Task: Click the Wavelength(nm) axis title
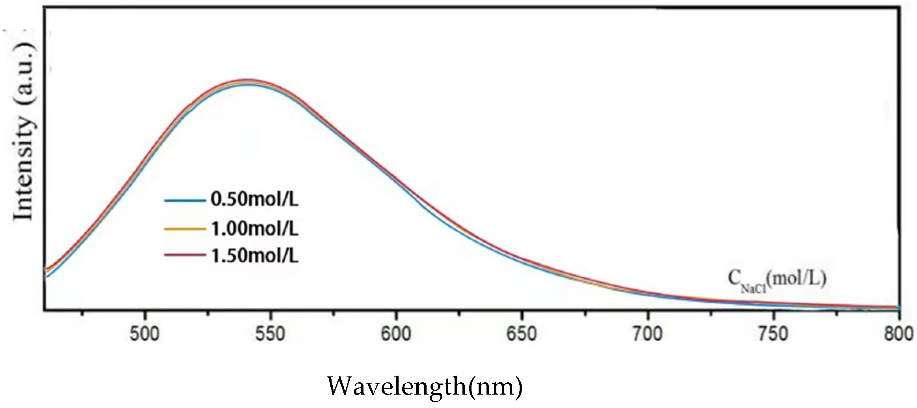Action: point(425,387)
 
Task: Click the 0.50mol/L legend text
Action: point(255,199)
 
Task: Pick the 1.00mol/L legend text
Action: point(255,228)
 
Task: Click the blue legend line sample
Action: point(185,200)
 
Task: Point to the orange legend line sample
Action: point(185,229)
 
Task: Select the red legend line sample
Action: point(185,255)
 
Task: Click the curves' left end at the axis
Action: point(46,272)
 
